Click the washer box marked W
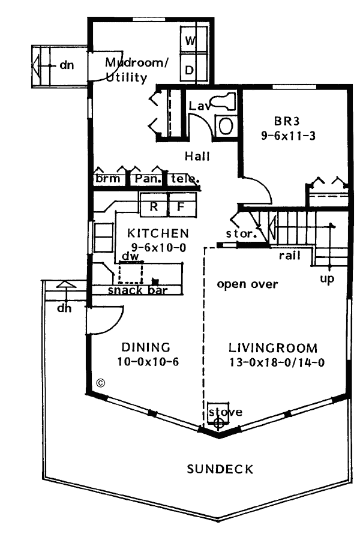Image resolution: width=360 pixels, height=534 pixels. point(190,41)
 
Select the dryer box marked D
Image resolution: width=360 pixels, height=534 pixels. point(190,70)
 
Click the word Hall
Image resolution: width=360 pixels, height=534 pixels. point(197,156)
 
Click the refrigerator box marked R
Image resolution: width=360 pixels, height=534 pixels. point(154,208)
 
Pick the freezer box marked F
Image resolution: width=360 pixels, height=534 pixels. point(180,208)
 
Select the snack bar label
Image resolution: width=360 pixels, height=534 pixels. point(137,291)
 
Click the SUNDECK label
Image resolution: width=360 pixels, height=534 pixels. point(220,469)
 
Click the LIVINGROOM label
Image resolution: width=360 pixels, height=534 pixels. point(272,347)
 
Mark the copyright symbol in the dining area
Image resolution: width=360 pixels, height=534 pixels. point(101,383)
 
